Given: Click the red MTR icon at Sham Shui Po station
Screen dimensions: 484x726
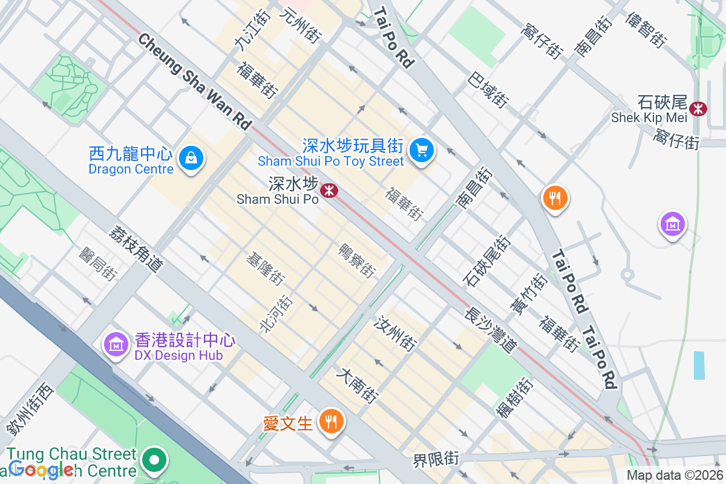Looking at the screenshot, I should pyautogui.click(x=329, y=191).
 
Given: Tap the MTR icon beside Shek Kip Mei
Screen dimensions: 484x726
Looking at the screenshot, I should pyautogui.click(x=699, y=108).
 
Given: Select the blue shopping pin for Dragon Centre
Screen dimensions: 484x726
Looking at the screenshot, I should pyautogui.click(x=191, y=159).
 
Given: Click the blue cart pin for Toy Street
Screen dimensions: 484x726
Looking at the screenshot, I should pyautogui.click(x=421, y=149).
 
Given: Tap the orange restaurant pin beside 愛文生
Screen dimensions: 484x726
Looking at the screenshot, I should pyautogui.click(x=330, y=420).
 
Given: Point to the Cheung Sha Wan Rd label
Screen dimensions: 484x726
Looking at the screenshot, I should pyautogui.click(x=194, y=81).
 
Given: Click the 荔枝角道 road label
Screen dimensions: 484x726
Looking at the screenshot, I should pyautogui.click(x=137, y=249).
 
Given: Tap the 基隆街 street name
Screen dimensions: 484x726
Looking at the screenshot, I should pyautogui.click(x=265, y=269).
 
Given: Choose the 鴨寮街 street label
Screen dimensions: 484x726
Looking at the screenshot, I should pyautogui.click(x=358, y=260).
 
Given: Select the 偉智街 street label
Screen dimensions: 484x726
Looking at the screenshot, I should pyautogui.click(x=647, y=30).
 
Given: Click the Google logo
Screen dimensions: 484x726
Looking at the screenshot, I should pyautogui.click(x=41, y=469).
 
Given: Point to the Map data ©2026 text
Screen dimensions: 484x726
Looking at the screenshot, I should pyautogui.click(x=675, y=476).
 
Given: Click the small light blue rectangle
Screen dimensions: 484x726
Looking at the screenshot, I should pyautogui.click(x=699, y=365).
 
